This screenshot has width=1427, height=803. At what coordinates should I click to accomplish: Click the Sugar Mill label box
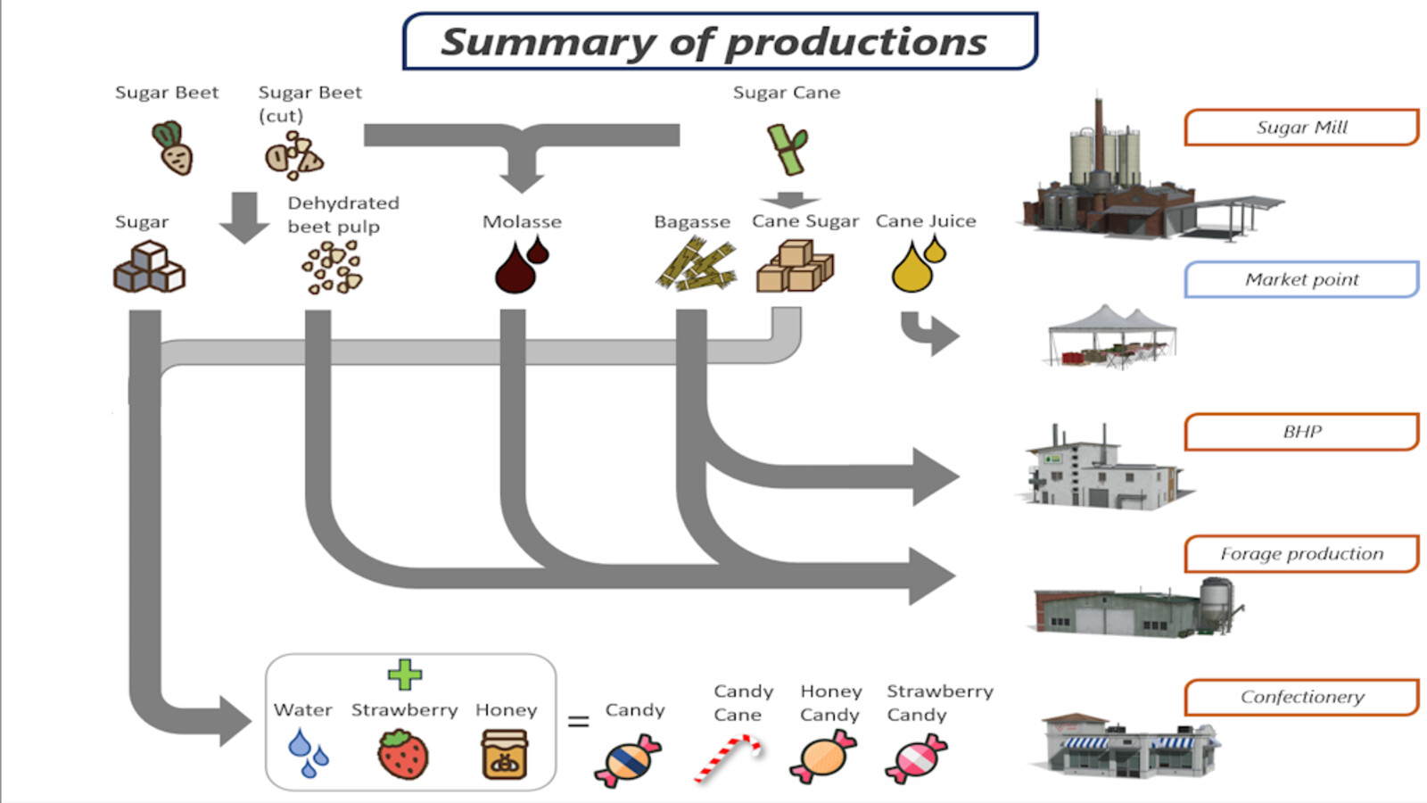click(1300, 128)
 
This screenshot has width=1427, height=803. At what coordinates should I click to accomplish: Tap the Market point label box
click(1300, 279)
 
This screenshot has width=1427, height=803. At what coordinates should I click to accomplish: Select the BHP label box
click(1300, 432)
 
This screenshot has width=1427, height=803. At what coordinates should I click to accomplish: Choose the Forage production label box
click(1300, 554)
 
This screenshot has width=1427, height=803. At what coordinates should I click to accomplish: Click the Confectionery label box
click(1300, 697)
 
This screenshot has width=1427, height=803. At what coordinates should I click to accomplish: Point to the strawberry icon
click(403, 755)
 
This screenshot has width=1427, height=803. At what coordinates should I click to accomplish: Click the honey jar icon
click(505, 755)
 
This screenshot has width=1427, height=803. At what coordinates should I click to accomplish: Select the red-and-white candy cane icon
click(729, 757)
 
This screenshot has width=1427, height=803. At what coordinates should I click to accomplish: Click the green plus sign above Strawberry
click(405, 675)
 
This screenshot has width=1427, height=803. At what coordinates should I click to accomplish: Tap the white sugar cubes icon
click(149, 269)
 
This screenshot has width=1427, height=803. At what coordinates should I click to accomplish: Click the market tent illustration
click(1110, 337)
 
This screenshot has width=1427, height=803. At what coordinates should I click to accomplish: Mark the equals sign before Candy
click(578, 721)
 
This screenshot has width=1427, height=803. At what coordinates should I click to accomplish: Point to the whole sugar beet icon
click(173, 149)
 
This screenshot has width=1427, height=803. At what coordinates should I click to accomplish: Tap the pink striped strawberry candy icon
click(916, 758)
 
